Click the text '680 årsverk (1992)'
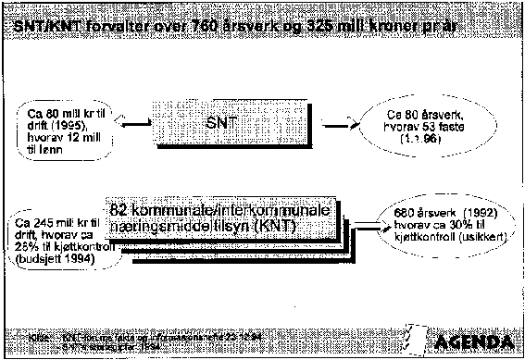coord(441,211)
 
